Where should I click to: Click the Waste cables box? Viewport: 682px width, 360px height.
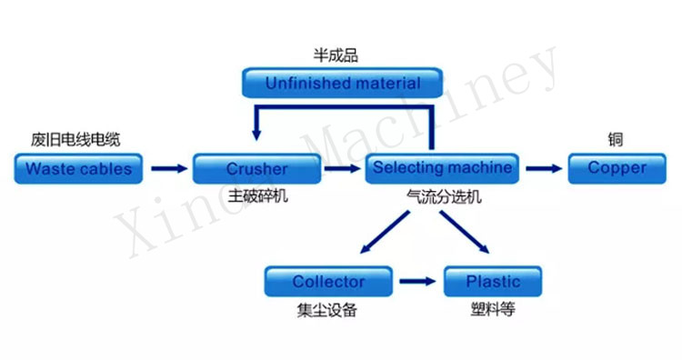pos(78,168)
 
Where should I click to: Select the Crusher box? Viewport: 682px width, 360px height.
pos(256,168)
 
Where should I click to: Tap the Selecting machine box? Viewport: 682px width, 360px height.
pos(443,168)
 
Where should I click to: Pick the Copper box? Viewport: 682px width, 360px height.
pos(617,168)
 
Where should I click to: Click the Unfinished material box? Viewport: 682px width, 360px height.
pos(343,84)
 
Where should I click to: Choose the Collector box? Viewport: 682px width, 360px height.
pos(327,282)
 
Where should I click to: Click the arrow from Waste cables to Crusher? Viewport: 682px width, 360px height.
pos(167,168)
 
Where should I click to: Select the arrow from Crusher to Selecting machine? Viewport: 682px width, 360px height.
pos(342,168)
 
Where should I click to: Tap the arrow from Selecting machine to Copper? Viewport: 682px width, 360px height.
pos(544,168)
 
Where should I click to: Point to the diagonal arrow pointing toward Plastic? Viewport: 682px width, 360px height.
pos(466,231)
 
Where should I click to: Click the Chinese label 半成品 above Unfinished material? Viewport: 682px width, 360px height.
pos(336,55)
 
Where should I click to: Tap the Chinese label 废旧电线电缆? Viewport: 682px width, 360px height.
pos(75,139)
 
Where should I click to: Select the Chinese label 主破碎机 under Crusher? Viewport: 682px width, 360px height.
pos(257,195)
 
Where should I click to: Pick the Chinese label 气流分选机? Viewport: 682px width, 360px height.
pos(444,195)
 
